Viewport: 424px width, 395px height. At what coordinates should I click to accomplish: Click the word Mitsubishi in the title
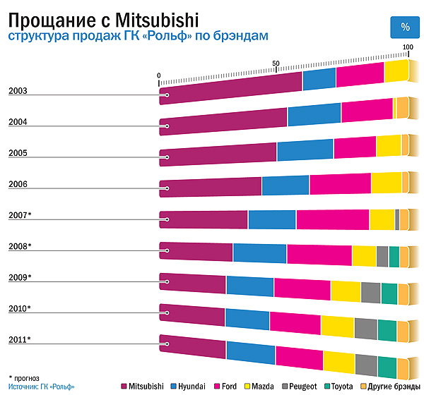151,16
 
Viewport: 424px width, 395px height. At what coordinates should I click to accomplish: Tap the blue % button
405,27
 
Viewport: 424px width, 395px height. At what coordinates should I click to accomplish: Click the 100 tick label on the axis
408,47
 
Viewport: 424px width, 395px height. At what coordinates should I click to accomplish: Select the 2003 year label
18,91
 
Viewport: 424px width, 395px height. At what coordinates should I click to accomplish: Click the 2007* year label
20,214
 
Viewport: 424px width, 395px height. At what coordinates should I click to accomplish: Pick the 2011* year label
20,340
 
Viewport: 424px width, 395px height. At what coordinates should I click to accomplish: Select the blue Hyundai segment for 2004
314,115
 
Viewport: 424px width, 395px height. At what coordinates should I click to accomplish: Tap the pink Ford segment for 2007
332,220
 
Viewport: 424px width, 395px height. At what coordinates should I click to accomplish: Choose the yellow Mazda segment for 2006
386,183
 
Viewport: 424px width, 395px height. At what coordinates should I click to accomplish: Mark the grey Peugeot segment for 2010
365,329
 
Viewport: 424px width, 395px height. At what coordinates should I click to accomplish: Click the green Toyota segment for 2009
389,293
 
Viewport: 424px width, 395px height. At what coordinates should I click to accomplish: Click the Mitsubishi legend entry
146,387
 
